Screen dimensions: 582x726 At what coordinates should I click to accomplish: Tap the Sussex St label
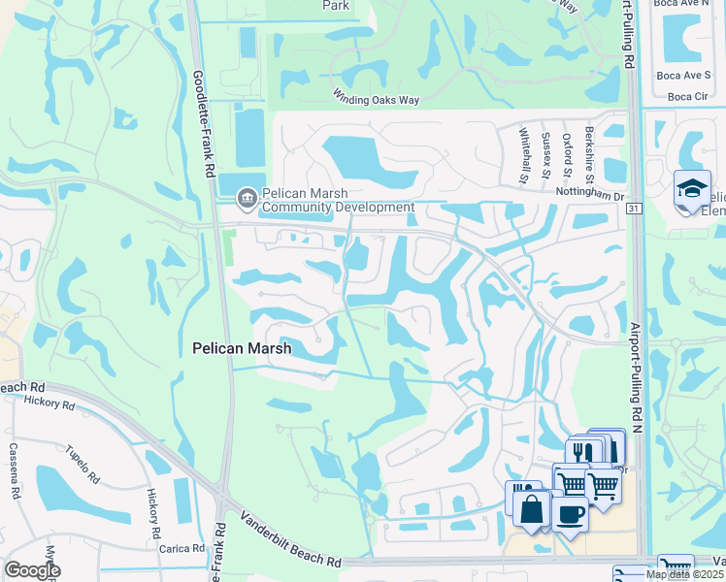coord(546,155)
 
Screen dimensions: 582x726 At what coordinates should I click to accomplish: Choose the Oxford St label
coord(568,154)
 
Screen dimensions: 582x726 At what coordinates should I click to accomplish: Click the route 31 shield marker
coord(634,208)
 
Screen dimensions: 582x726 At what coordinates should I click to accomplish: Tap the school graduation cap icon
coord(692,188)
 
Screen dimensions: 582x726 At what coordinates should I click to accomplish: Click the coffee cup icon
coord(571,512)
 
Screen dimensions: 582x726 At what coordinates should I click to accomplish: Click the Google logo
coord(32,570)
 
